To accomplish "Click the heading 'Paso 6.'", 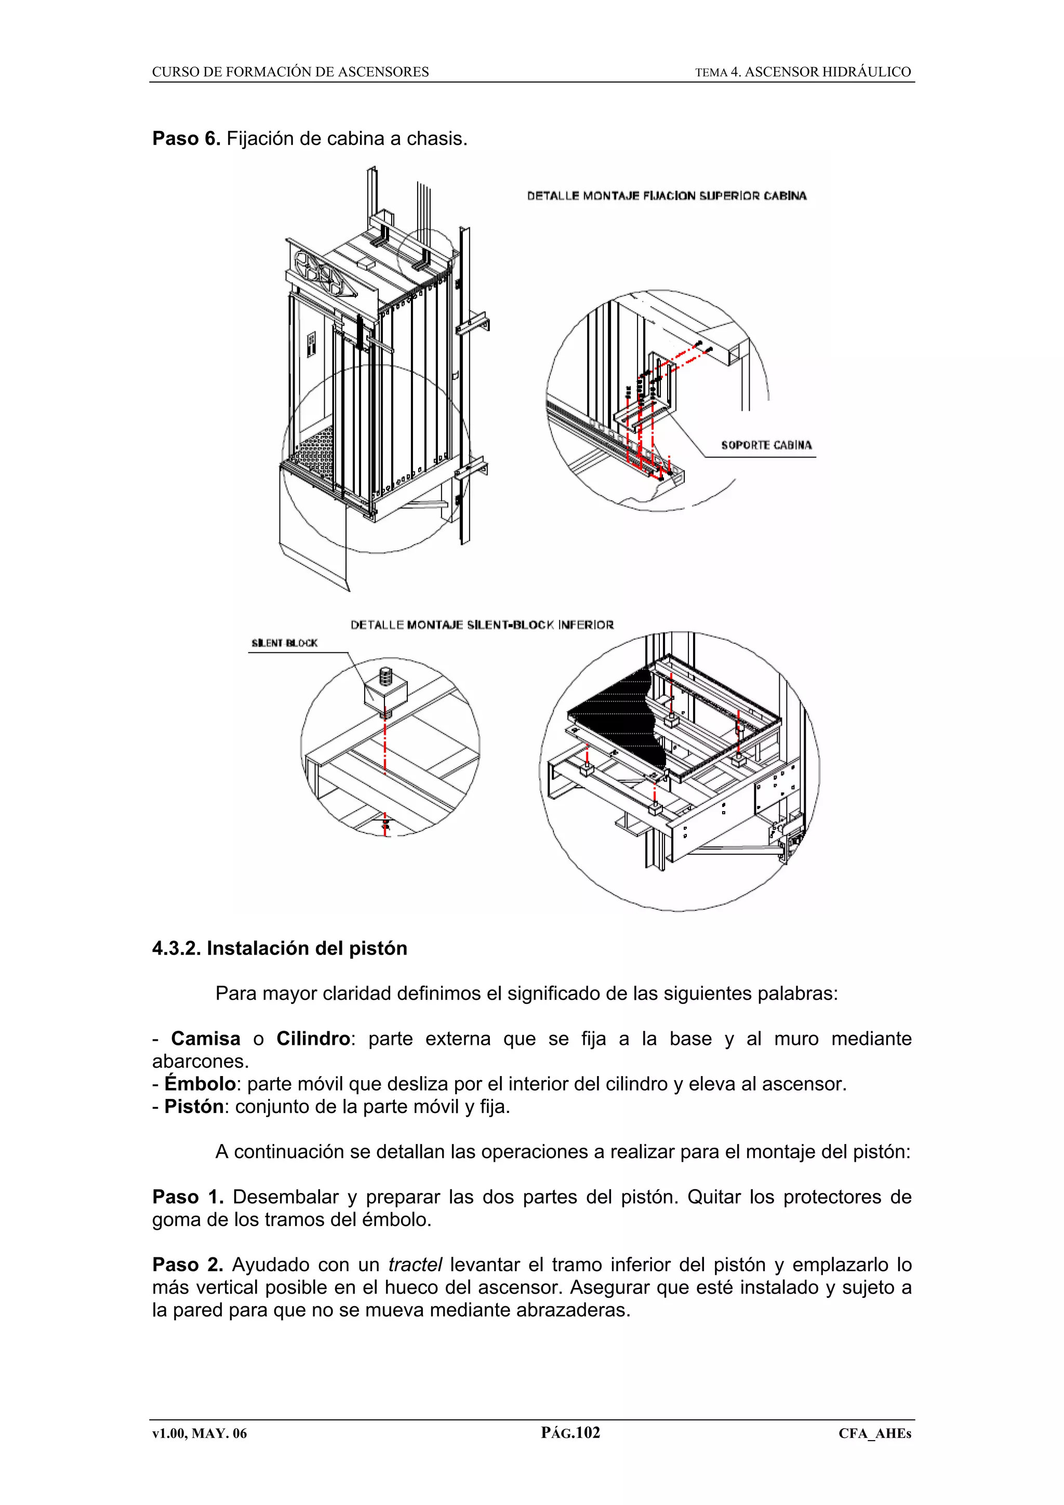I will (x=186, y=139).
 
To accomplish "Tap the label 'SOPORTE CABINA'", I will (x=766, y=445).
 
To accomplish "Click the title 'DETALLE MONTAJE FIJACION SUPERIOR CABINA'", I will (x=667, y=196).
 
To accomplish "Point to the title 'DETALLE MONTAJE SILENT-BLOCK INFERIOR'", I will (x=482, y=625).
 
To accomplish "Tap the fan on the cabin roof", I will (x=321, y=272).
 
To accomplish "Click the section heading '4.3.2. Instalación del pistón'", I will (x=280, y=948).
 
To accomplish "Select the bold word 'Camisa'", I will (x=205, y=1039).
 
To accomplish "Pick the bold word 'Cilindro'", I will (x=313, y=1039).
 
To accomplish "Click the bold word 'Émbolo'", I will (x=199, y=1084).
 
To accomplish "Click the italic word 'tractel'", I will (x=415, y=1265).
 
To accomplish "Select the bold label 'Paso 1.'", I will (x=188, y=1197).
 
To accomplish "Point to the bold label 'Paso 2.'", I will (x=188, y=1265).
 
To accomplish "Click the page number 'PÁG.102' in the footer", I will (x=570, y=1433).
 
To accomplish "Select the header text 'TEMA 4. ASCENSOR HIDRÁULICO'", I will (x=803, y=72).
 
